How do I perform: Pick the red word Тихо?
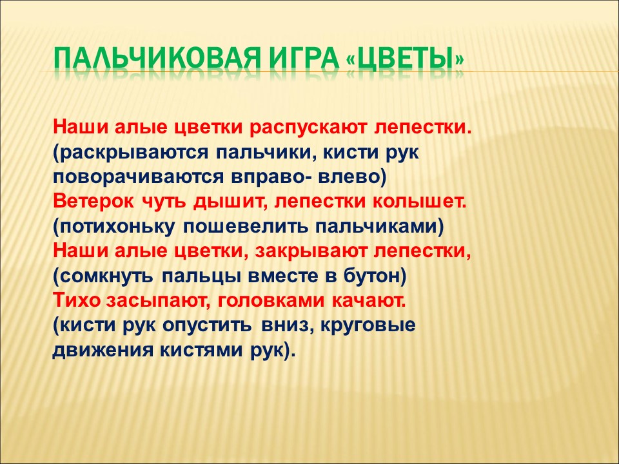click(77, 301)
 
